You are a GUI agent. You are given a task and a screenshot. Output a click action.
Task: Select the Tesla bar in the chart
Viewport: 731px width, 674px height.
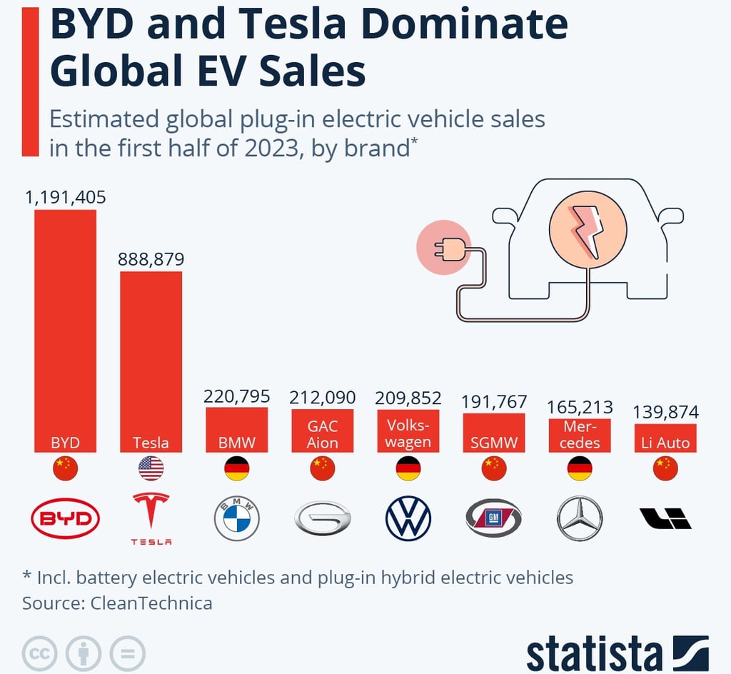(x=151, y=357)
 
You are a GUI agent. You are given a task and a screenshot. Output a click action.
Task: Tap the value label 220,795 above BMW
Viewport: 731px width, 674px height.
(x=236, y=396)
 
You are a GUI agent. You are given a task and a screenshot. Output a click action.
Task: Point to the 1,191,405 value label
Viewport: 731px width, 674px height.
(x=65, y=197)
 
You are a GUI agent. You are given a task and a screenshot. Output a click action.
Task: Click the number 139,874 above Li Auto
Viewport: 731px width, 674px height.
(x=666, y=412)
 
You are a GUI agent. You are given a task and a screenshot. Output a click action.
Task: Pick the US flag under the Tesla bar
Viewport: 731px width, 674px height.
(x=151, y=469)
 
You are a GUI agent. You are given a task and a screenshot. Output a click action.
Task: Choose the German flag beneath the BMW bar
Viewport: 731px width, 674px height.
(x=236, y=469)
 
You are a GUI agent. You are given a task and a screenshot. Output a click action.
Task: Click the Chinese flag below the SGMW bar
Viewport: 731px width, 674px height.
(x=494, y=469)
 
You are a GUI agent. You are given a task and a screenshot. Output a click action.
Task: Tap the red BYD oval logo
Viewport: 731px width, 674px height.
(x=65, y=519)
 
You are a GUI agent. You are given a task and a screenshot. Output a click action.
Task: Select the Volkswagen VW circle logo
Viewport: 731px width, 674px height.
(x=408, y=519)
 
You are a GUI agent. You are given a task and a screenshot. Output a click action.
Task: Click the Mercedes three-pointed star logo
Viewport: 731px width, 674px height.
(x=580, y=519)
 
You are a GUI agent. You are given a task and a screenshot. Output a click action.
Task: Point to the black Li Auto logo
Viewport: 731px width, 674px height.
(x=665, y=518)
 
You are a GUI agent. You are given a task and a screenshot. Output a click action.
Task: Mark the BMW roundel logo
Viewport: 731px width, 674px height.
(x=236, y=519)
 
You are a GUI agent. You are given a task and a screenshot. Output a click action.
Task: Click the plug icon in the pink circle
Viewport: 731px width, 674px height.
(x=443, y=248)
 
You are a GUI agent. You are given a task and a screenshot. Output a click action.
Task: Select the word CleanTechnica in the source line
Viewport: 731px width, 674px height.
(x=151, y=603)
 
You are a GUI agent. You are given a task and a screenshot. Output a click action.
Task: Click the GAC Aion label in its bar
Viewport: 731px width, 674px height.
(x=323, y=434)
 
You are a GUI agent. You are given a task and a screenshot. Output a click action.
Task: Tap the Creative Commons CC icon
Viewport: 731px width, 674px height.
(x=40, y=652)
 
